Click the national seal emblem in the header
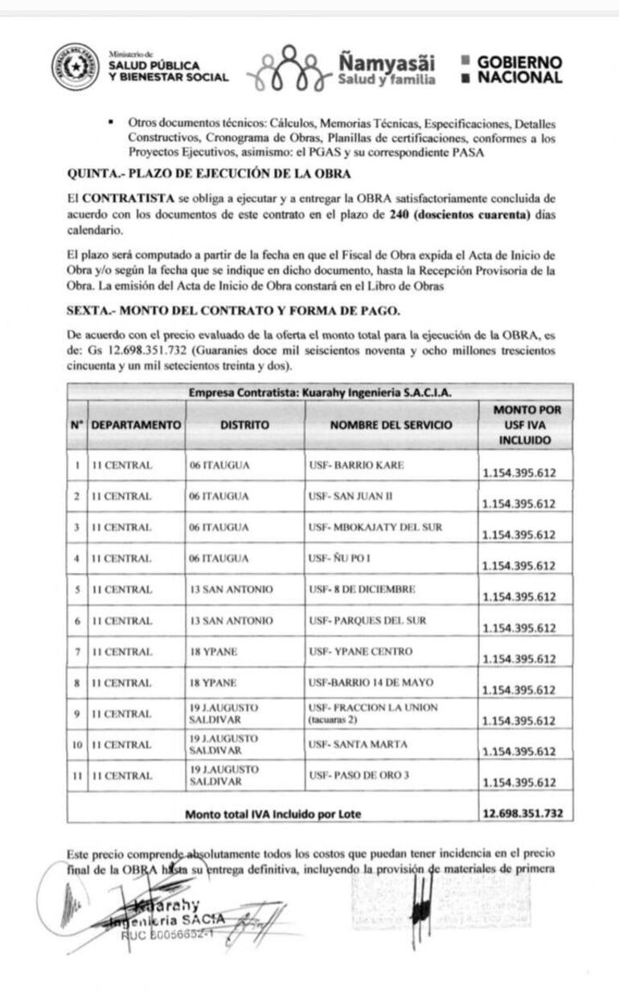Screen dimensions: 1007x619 pyautogui.click(x=76, y=67)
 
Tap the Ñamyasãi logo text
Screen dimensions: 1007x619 pyautogui.click(x=387, y=62)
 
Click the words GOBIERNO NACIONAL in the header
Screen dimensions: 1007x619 pyautogui.click(x=519, y=70)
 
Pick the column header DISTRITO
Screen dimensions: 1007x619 pyautogui.click(x=245, y=424)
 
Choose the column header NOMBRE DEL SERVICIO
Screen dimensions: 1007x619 pyautogui.click(x=391, y=424)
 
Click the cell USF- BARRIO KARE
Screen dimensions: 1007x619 pyautogui.click(x=356, y=465)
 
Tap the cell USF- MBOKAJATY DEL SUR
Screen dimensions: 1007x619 pyautogui.click(x=375, y=527)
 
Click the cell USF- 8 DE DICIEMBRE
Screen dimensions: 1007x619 pyautogui.click(x=362, y=589)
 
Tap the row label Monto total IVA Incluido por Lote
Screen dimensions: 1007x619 pyautogui.click(x=273, y=813)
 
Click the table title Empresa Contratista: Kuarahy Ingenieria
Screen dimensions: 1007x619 pyautogui.click(x=319, y=393)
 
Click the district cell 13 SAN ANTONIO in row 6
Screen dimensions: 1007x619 pyautogui.click(x=231, y=620)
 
